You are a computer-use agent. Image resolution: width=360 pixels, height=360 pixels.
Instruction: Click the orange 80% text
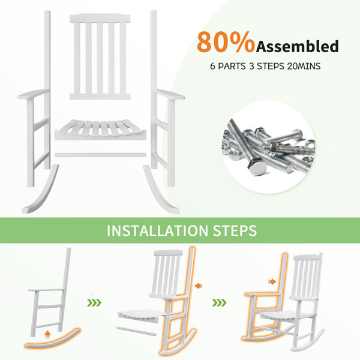[226, 43]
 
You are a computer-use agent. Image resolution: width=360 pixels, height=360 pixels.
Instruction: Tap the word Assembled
[298, 46]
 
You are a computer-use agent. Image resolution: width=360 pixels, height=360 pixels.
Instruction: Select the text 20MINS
[304, 66]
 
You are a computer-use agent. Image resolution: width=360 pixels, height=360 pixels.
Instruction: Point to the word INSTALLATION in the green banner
[157, 230]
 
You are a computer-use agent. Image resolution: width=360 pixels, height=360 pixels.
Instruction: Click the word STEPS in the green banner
[235, 230]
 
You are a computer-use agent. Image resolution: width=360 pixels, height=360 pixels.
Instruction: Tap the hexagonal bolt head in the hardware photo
[257, 167]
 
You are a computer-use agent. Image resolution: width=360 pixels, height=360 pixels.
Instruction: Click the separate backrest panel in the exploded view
[100, 57]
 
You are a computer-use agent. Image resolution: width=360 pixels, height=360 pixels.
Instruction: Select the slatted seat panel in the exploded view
[100, 129]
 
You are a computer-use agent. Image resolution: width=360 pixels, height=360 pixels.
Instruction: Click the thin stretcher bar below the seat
[100, 155]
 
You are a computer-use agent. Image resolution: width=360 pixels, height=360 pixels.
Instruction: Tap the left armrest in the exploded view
[33, 94]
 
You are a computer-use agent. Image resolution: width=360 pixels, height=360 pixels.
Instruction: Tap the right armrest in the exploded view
[169, 94]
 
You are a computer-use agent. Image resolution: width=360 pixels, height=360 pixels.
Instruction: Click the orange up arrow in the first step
[47, 335]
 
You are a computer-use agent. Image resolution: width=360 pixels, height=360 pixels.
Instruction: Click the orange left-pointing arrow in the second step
[199, 286]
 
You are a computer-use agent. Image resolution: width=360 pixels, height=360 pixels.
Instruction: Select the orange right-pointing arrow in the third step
[272, 281]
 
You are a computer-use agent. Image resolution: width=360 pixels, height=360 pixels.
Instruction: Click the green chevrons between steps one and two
[94, 303]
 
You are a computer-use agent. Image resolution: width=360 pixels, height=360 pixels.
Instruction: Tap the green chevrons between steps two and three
[219, 303]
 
